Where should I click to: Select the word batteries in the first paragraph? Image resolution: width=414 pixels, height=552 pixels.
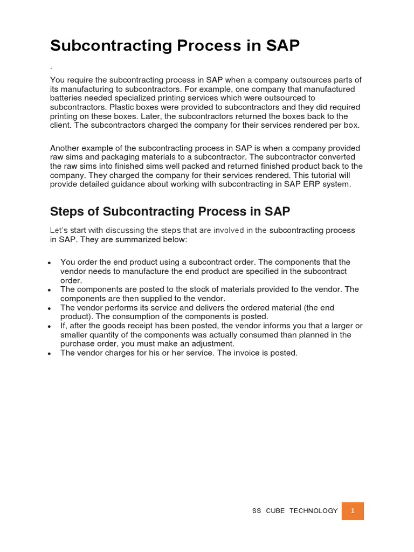(x=67, y=98)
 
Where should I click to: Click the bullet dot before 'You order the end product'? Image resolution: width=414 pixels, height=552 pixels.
(x=50, y=263)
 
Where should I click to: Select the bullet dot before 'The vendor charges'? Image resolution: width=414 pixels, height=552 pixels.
(x=50, y=354)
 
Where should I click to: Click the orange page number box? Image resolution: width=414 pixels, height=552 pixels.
(x=353, y=511)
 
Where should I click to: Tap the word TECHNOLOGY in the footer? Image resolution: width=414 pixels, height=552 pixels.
(x=313, y=511)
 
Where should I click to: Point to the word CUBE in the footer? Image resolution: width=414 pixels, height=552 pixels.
(x=275, y=511)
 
